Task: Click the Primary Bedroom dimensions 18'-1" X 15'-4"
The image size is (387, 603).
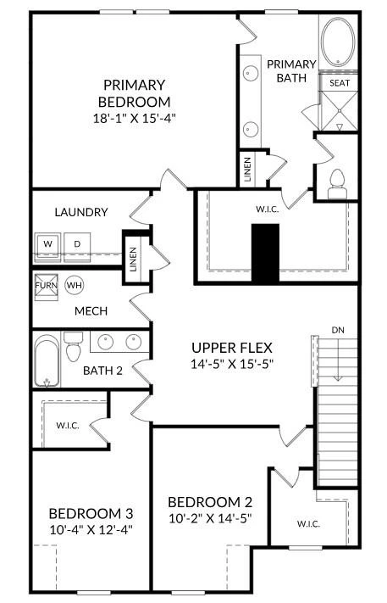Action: pos(134,118)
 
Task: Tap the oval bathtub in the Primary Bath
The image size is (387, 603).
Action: pos(338,42)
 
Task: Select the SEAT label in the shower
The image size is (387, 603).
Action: pos(340,82)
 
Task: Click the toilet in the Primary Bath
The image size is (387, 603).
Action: pos(337,184)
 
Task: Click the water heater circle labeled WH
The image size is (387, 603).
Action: pos(75,285)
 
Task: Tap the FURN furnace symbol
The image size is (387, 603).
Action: pos(46,287)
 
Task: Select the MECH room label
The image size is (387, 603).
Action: pos(91,311)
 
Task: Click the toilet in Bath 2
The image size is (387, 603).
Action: pos(74,347)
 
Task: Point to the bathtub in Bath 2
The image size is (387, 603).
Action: pos(47,360)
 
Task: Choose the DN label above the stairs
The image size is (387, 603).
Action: pos(338,330)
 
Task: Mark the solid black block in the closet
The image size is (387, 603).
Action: pos(265,254)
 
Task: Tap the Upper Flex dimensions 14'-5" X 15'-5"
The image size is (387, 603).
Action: pos(232,364)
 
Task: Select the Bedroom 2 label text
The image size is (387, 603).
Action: pos(210,502)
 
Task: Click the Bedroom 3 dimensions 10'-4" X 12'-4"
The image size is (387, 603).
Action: pos(91,530)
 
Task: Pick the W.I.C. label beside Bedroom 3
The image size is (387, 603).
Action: pos(68,426)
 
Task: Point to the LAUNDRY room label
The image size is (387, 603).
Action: pos(81,212)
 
